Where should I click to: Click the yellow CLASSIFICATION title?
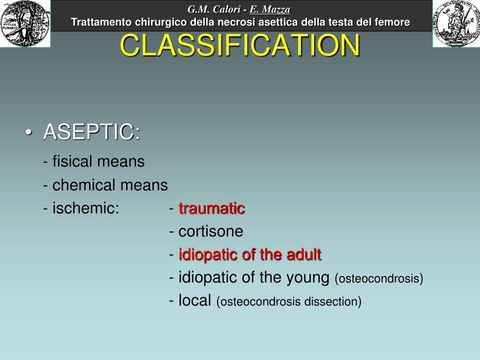(x=240, y=45)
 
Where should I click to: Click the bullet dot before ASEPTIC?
(x=29, y=133)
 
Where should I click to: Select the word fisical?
(x=73, y=162)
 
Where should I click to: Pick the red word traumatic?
(x=212, y=208)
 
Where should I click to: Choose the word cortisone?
(x=211, y=232)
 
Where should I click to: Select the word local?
(x=195, y=301)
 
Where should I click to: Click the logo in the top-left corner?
(x=25, y=23)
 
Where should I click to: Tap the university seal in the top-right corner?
(x=455, y=23)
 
